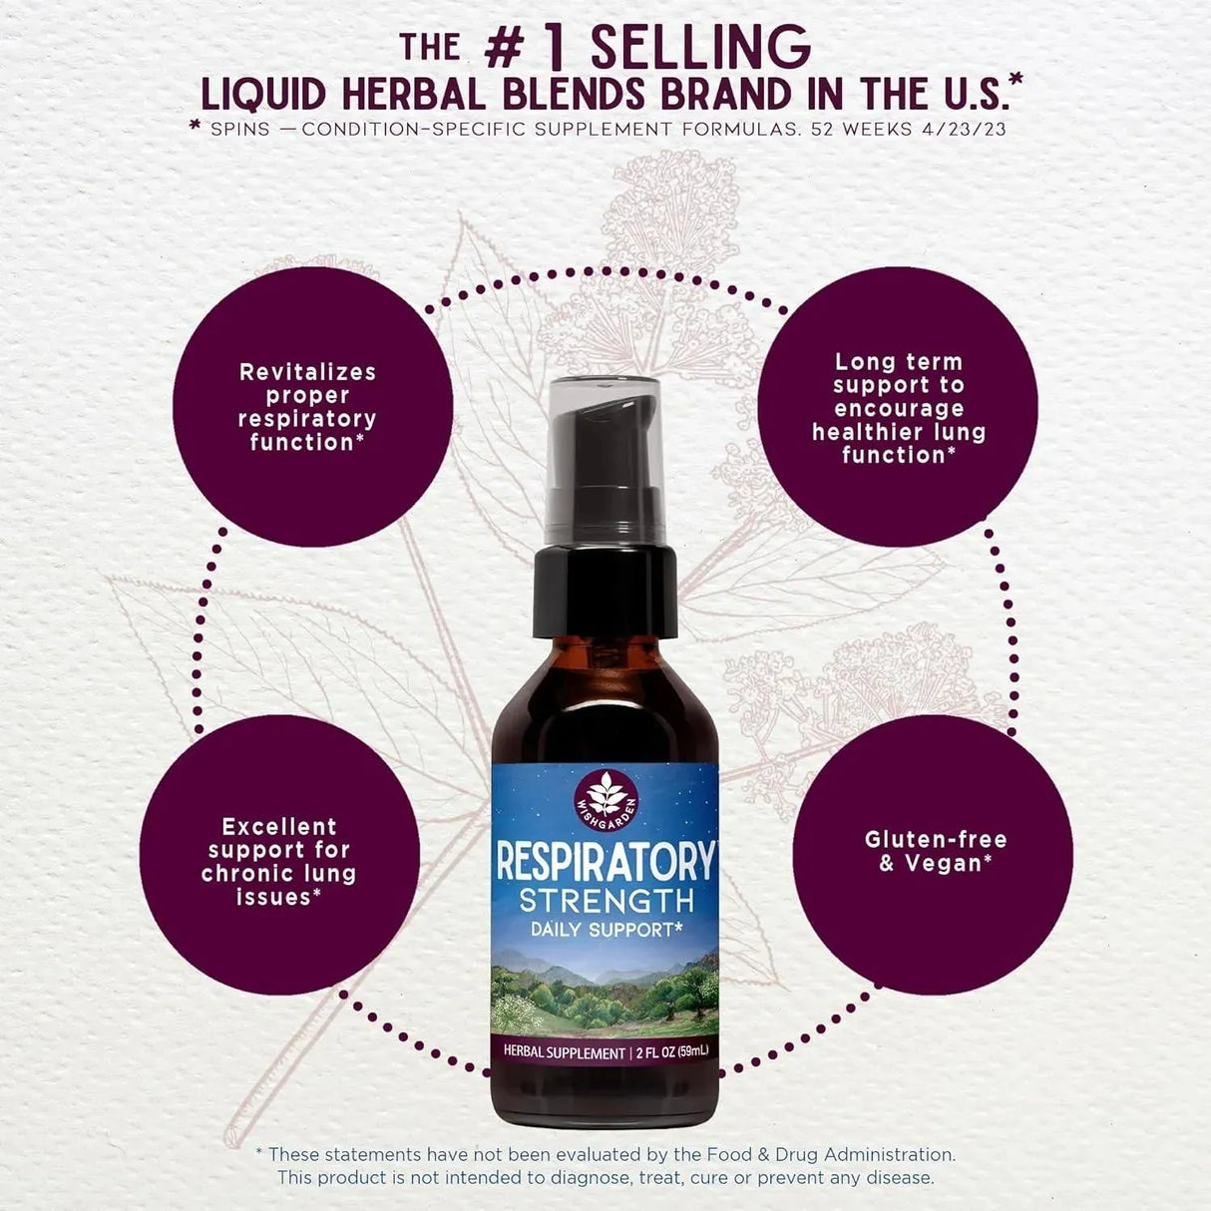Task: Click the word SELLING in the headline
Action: (x=700, y=47)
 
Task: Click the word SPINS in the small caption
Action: (x=240, y=130)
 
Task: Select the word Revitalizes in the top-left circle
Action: (x=307, y=372)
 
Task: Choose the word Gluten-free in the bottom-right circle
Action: (x=936, y=839)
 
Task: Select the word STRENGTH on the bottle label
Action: (x=605, y=901)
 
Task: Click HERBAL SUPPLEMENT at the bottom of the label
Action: (x=564, y=1052)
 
